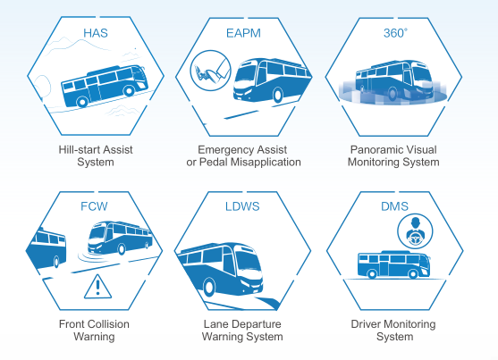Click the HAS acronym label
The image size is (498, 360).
[96, 33]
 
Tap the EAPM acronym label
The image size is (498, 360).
[243, 33]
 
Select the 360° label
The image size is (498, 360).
[395, 33]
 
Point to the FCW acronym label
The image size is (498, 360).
[94, 206]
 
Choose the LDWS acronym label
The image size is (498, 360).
[242, 206]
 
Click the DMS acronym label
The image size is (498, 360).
[394, 206]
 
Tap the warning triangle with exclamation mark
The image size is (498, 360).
[97, 287]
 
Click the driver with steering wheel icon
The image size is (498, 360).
[415, 231]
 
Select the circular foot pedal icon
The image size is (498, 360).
[211, 71]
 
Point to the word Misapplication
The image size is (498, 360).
[266, 163]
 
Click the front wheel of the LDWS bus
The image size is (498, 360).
[208, 287]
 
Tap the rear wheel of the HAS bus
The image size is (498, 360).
[82, 102]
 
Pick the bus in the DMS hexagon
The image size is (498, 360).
[393, 264]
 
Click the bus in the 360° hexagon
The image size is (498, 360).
[393, 80]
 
